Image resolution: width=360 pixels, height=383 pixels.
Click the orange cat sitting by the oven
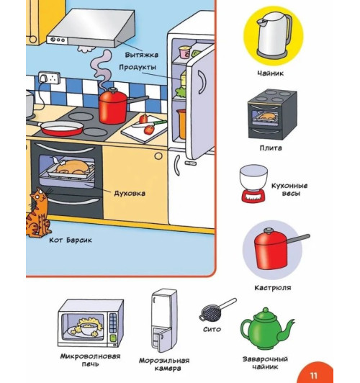(x=39, y=213)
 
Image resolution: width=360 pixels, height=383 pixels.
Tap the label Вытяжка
(x=142, y=55)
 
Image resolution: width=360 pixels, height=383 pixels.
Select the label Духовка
(x=130, y=194)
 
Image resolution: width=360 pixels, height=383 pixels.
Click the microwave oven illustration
(x=91, y=323)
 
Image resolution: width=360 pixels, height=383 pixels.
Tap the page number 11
(x=313, y=375)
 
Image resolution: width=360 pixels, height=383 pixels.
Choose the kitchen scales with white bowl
(x=253, y=184)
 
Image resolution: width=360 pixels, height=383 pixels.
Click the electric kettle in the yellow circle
(x=274, y=35)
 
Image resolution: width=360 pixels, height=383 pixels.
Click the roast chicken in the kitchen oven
(x=73, y=166)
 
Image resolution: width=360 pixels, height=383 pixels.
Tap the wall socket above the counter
(x=49, y=78)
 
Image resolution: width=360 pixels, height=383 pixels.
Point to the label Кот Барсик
(x=71, y=240)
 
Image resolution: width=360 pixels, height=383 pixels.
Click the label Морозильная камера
(x=164, y=364)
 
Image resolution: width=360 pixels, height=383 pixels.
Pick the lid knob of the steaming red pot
(x=112, y=90)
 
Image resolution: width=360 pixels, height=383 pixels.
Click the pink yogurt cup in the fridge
(x=184, y=52)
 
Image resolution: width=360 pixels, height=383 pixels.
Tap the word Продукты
(x=138, y=67)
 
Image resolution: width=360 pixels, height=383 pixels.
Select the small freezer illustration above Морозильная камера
(x=164, y=320)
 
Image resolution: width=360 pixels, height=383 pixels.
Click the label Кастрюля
(x=273, y=288)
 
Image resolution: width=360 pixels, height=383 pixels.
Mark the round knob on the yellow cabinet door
(x=158, y=156)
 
